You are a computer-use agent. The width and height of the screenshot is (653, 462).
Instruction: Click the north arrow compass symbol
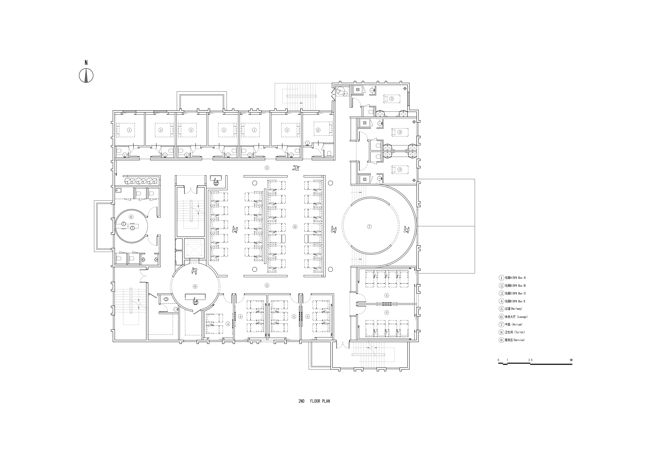coord(86,76)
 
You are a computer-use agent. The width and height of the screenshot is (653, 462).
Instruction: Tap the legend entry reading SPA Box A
coord(513,278)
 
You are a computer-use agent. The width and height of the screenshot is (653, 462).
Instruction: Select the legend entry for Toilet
coord(512,332)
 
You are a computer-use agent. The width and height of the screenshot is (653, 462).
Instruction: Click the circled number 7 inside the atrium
coord(369,226)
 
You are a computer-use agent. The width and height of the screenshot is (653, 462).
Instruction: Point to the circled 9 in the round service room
coord(195,286)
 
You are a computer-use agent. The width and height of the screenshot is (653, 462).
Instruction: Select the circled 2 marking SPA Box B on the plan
coord(318,130)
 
